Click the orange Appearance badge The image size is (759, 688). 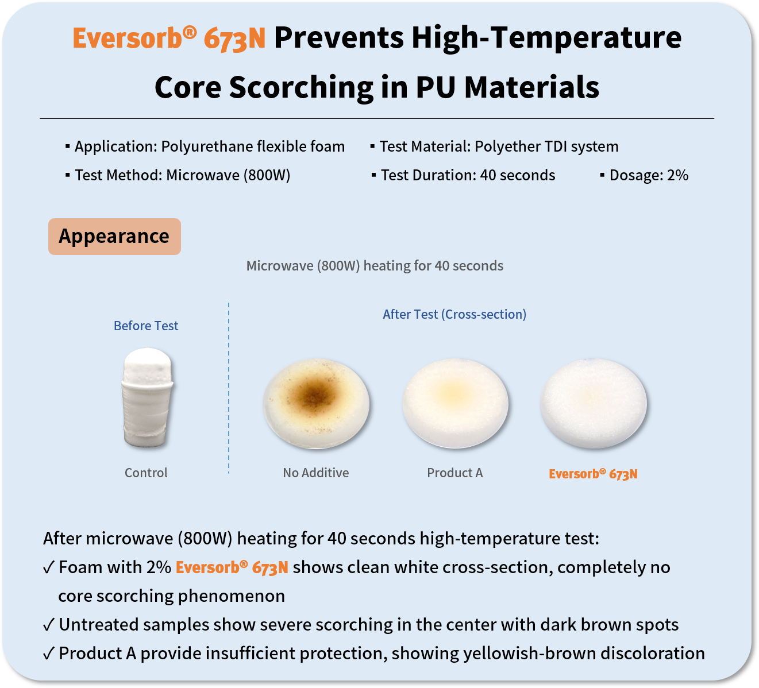coord(114,237)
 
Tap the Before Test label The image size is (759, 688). coord(146,326)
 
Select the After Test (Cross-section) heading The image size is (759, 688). coord(454,314)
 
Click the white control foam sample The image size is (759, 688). coord(148,397)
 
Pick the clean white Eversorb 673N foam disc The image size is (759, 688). coord(593,404)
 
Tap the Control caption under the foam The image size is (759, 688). coord(146,473)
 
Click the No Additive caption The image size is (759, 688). coord(315,473)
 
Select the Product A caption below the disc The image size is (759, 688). coord(454,473)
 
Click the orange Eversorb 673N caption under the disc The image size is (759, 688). coord(593,474)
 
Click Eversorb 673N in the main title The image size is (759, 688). coord(169,38)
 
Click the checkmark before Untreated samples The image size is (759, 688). coord(49,625)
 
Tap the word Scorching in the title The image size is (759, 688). coord(301,88)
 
